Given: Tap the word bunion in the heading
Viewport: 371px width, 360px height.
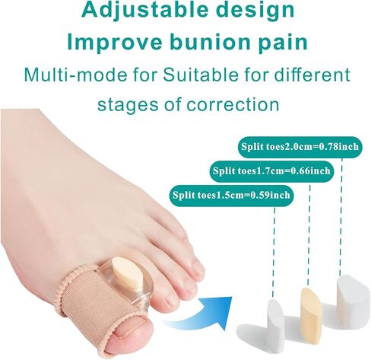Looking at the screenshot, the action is point(212,42).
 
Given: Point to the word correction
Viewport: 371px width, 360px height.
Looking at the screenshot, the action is point(233,104).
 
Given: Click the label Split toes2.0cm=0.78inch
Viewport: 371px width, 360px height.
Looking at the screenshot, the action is point(300,147).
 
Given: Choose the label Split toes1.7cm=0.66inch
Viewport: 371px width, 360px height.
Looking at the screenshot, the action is point(271,171).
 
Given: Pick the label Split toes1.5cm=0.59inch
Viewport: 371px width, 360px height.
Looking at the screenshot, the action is point(231,195).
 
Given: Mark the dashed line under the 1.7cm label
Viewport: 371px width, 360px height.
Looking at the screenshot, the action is point(309,235).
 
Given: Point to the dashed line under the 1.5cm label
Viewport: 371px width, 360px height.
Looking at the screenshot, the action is point(274,252).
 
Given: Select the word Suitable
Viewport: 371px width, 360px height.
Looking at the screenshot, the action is point(200,75).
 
